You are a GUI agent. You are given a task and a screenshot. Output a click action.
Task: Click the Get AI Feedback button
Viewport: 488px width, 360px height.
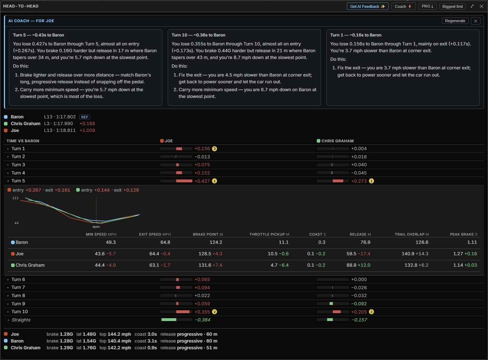tap(368, 6)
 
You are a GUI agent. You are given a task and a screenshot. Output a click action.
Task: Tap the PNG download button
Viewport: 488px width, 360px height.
tap(427, 6)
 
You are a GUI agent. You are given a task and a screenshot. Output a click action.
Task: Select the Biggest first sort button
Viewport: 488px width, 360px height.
tap(452, 6)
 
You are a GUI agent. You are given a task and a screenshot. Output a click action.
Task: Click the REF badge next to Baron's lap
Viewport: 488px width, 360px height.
tap(84, 117)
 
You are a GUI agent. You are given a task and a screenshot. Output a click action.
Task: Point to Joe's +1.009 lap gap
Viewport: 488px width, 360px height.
tap(87, 130)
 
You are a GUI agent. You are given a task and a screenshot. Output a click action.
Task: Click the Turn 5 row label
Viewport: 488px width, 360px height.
tap(18, 181)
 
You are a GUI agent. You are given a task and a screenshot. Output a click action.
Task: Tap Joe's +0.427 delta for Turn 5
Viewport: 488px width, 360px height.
tap(202, 181)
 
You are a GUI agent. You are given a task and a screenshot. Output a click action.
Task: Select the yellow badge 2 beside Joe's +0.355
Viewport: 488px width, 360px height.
tap(214, 312)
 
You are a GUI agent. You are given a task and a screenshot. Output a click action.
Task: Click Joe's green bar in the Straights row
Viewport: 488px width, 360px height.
tap(169, 320)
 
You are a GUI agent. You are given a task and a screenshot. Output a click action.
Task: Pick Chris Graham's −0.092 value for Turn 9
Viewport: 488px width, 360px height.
tap(359, 304)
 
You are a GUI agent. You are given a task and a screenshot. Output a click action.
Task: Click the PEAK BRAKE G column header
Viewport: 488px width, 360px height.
tap(464, 235)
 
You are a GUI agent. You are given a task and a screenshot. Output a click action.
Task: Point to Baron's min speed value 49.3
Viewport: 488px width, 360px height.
tap(111, 242)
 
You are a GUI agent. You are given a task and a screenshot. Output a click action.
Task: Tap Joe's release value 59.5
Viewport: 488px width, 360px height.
tap(351, 254)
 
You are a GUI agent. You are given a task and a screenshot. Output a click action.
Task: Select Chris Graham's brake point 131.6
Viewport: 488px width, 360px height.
tap(205, 265)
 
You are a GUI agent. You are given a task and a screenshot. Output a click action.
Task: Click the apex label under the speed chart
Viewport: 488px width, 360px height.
tap(96, 227)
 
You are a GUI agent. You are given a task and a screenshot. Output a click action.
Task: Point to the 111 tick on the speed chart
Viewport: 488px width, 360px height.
tap(15, 198)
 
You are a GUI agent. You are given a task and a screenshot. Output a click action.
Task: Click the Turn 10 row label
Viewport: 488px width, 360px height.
tap(20, 312)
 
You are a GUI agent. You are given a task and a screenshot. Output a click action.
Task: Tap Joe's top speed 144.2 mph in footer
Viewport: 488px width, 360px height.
tap(119, 334)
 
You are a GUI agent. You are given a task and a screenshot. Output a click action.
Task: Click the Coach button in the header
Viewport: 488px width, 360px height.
tap(403, 6)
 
